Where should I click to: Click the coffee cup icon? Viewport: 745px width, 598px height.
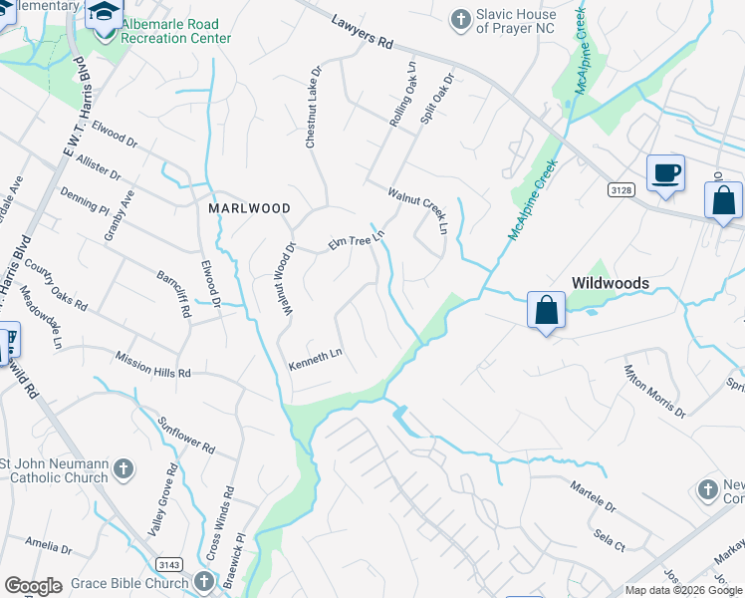click(665, 173)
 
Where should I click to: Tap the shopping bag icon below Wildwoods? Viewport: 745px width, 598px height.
click(547, 310)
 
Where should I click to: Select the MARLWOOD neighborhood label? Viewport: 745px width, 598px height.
click(249, 209)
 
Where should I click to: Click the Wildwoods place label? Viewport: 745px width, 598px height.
click(610, 283)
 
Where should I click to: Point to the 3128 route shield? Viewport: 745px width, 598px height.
click(621, 189)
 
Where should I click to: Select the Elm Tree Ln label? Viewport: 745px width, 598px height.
click(357, 240)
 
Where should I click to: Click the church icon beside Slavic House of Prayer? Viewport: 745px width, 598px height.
click(459, 19)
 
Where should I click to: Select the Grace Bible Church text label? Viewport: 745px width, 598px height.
click(127, 583)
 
